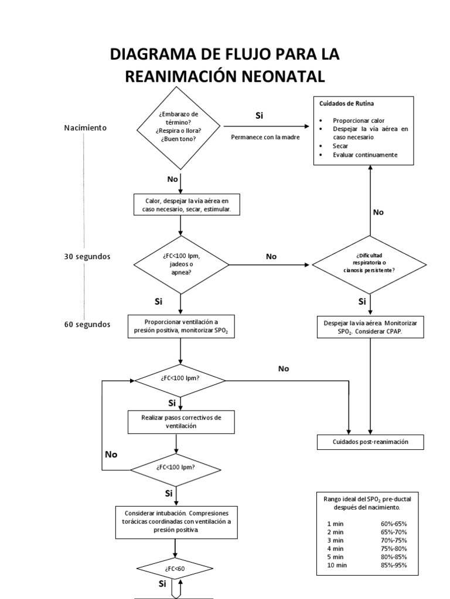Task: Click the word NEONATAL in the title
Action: point(284,77)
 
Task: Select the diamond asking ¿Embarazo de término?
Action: point(179,128)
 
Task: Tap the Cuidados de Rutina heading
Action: point(346,104)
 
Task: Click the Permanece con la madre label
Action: point(265,137)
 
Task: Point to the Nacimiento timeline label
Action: point(86,128)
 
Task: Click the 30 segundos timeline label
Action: point(87,256)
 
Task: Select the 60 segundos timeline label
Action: point(87,324)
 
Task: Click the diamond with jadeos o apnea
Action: point(181,264)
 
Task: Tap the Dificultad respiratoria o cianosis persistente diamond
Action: point(369,264)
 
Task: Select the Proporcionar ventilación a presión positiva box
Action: point(181,326)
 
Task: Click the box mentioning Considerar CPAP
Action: point(370,327)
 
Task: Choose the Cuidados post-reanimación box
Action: point(370,442)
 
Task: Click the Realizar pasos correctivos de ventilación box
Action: point(181,422)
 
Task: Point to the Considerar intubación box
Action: point(176,522)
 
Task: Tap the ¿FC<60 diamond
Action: point(175,569)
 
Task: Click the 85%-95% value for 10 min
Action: point(394,565)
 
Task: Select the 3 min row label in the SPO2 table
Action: point(335,540)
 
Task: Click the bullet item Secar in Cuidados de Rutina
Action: point(340,146)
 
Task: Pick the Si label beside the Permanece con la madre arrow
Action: point(259,115)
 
